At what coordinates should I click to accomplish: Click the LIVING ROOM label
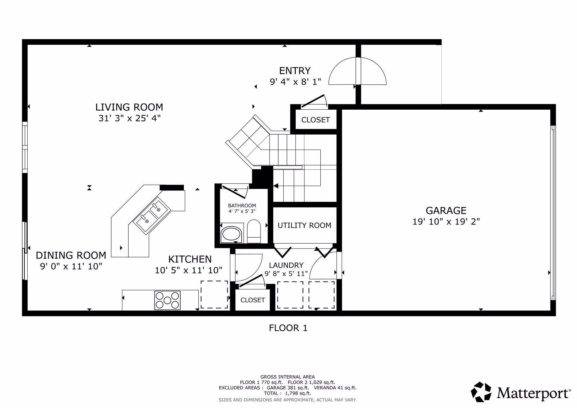point(129,107)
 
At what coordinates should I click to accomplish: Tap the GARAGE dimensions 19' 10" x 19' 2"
point(446,222)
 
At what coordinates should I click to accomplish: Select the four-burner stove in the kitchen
point(167,300)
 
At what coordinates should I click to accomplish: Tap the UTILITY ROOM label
point(304,225)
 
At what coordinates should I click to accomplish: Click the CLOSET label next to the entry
point(315,120)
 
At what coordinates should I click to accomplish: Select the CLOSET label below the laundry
point(252,300)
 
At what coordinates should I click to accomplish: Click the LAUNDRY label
point(286,265)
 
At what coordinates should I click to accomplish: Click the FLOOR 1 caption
point(288,328)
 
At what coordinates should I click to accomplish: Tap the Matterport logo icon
point(481,392)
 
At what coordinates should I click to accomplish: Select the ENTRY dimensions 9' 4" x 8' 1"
point(295,82)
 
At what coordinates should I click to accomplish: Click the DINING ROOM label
point(71,255)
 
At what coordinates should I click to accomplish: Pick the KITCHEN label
point(190,259)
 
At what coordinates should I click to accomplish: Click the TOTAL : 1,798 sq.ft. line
point(287,393)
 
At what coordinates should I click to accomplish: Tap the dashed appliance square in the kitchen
point(214,294)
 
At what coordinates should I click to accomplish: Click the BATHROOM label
point(242,206)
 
